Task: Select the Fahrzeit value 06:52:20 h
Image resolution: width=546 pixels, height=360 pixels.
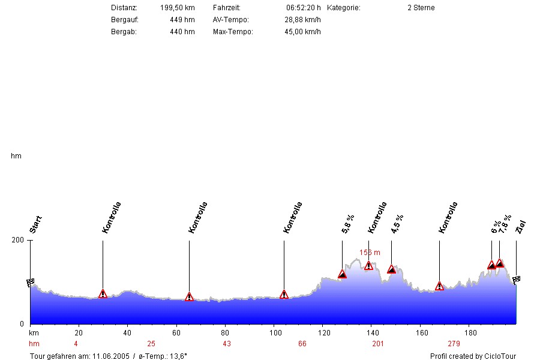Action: coord(304,8)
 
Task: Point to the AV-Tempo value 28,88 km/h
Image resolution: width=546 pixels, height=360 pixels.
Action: coord(302,20)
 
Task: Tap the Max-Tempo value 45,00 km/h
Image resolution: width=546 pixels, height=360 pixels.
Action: coord(302,32)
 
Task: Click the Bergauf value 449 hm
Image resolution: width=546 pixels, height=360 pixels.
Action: coord(182,20)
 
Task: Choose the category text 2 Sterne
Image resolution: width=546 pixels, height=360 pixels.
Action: coord(421,8)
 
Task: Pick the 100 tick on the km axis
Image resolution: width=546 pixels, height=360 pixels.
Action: coord(274,332)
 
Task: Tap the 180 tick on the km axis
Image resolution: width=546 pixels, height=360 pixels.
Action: coord(470,332)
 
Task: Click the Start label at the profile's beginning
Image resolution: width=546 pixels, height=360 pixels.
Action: coord(35,224)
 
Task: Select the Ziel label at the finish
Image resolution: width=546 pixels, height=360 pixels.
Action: coord(520,227)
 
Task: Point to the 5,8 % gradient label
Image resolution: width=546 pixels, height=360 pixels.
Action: coord(347,223)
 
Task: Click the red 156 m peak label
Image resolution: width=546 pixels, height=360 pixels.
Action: coord(370,253)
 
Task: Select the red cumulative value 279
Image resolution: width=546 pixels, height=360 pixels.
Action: coord(454,344)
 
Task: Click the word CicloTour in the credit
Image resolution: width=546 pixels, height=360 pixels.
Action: coord(500,356)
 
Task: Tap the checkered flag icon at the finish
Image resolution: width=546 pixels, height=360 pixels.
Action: coord(516,279)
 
